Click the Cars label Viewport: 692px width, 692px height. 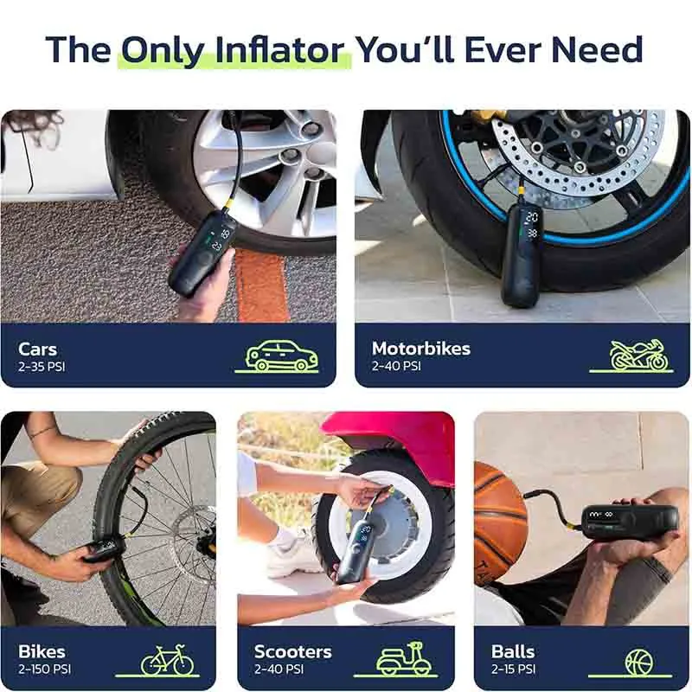[x=37, y=349]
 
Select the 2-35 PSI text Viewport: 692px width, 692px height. [x=42, y=367]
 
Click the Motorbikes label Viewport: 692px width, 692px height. [x=421, y=349]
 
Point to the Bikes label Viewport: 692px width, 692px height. [x=42, y=652]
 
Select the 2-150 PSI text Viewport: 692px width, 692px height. [x=45, y=669]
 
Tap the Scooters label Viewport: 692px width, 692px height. [x=292, y=652]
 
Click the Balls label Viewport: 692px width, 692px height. [x=513, y=652]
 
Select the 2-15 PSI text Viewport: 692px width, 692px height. [x=513, y=669]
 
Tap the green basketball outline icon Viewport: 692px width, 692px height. [x=639, y=662]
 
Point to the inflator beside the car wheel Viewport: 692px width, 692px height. [x=202, y=253]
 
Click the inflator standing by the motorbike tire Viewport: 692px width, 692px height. [x=524, y=255]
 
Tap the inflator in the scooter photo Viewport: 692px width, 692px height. [x=356, y=551]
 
